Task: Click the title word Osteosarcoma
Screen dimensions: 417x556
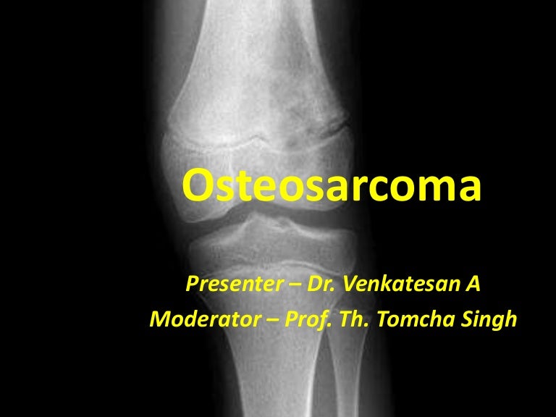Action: [x=332, y=186]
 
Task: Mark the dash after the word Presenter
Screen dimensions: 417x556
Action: [x=284, y=285]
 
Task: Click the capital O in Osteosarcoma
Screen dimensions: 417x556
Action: [x=197, y=186]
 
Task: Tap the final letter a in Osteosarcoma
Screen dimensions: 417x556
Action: [x=469, y=190]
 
